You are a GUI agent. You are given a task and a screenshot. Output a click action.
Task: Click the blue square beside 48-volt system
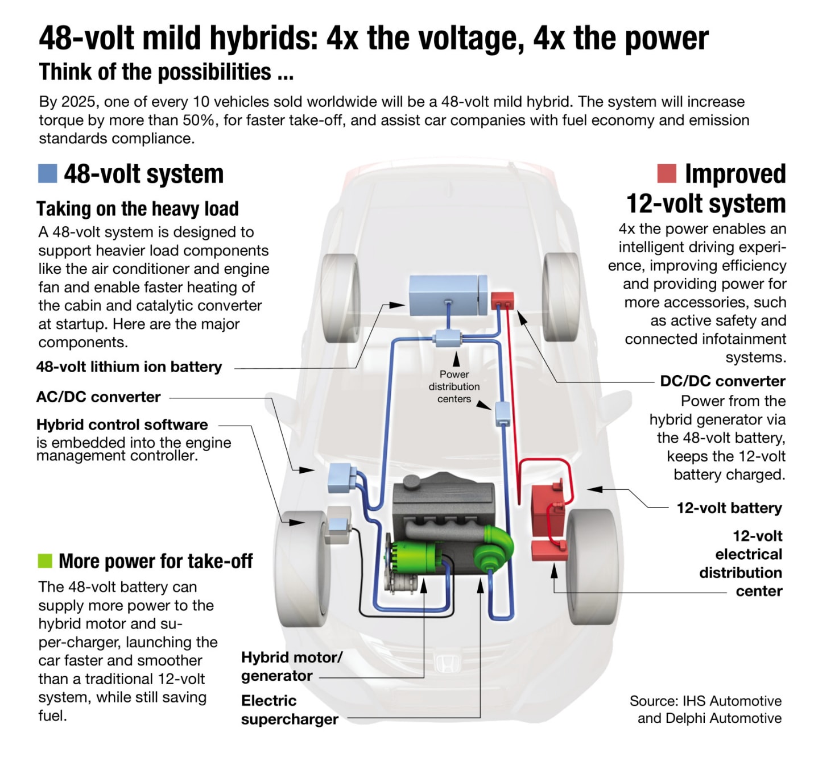tap(47, 173)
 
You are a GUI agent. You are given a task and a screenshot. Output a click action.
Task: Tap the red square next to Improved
tap(666, 173)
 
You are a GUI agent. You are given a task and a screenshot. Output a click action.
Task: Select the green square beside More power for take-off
tap(45, 561)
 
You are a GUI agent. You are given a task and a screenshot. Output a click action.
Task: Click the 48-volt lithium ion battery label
tap(129, 367)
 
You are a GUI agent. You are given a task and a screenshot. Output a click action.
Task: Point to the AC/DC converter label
tap(98, 397)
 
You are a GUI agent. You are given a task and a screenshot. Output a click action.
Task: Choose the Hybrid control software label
tap(122, 425)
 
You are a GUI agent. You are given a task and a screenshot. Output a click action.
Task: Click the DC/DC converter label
tap(722, 381)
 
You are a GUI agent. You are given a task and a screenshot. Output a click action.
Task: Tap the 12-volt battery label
tap(729, 508)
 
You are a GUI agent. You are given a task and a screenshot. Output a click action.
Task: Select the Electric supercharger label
tap(289, 710)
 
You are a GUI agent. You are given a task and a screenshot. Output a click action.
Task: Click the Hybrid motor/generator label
tap(291, 667)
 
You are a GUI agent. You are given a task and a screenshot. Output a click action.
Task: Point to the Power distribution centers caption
tap(454, 387)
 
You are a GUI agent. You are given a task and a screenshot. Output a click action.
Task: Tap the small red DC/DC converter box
tap(502, 299)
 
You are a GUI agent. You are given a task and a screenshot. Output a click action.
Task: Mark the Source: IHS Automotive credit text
tap(705, 701)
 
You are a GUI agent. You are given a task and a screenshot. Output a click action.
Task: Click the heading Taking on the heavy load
tap(138, 209)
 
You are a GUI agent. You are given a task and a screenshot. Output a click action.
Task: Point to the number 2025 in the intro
tap(78, 102)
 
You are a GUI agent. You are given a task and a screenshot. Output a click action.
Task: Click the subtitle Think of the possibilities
tap(166, 72)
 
